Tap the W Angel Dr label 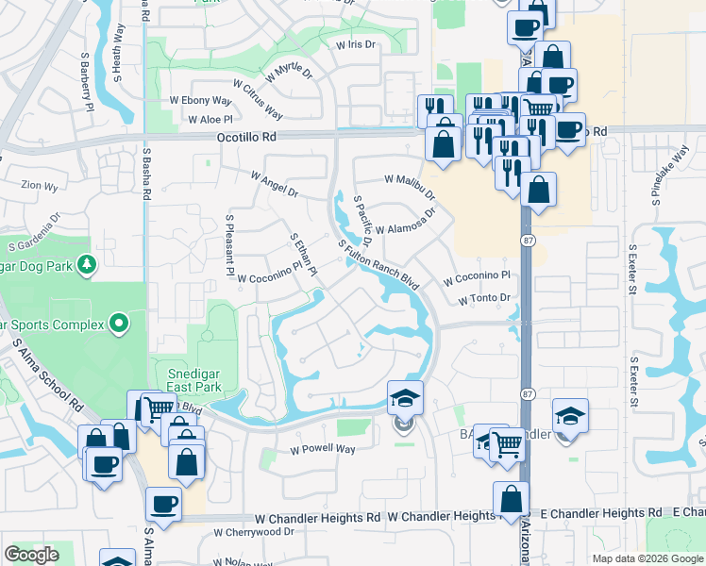274,184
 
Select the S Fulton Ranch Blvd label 378,262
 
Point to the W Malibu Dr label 410,185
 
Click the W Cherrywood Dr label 253,532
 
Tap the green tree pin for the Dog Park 87,264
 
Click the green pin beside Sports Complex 118,325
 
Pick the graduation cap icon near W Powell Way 406,397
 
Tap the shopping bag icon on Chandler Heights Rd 511,498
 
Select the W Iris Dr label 355,44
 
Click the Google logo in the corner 31,554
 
